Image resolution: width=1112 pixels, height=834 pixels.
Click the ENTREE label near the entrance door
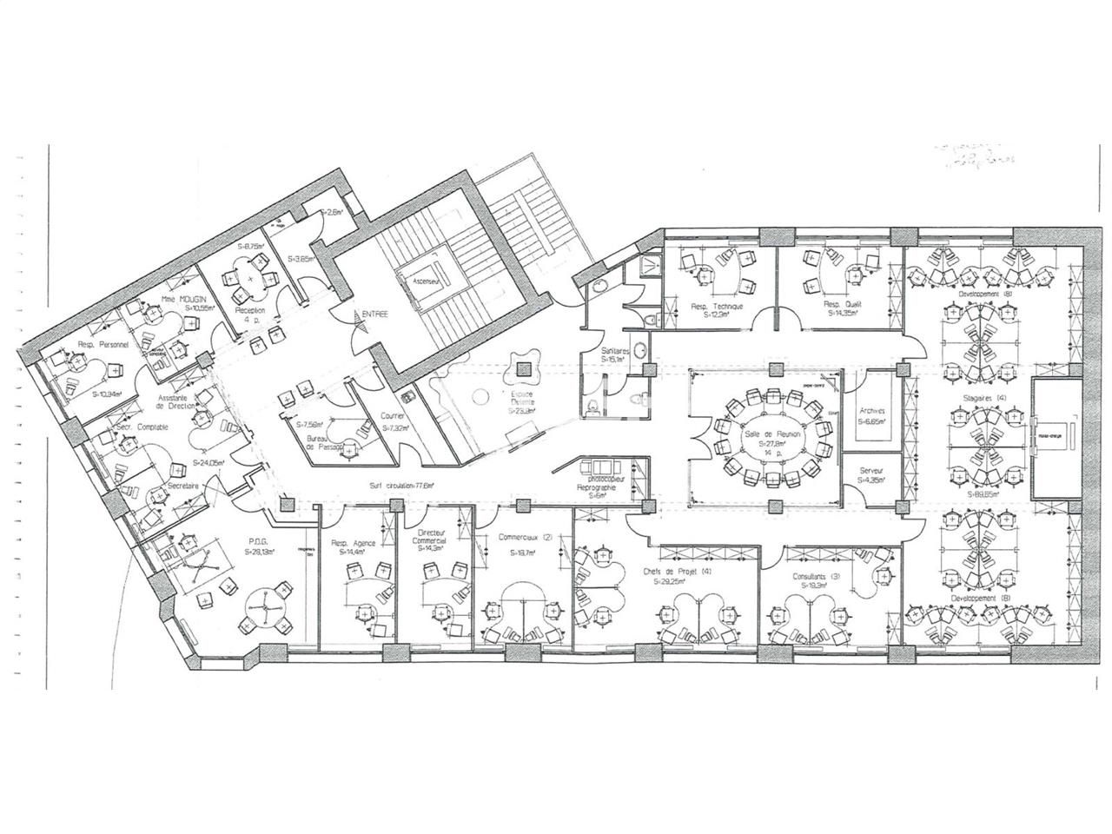[376, 314]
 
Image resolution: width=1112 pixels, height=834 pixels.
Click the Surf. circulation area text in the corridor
[403, 486]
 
